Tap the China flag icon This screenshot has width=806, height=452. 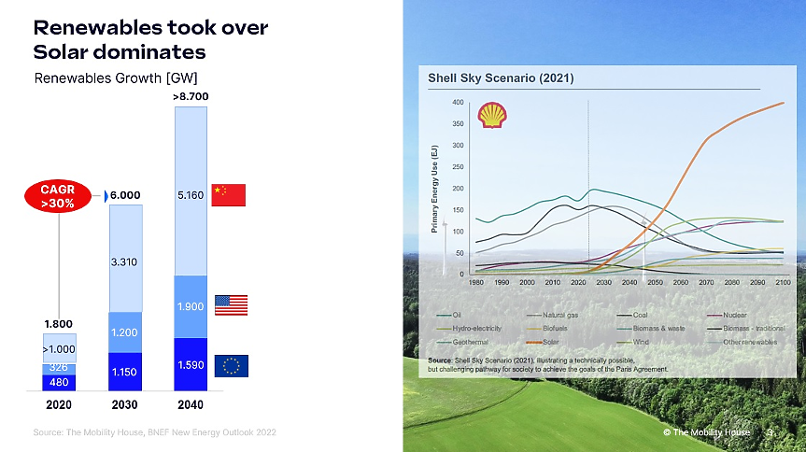[228, 195]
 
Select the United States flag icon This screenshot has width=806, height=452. [231, 305]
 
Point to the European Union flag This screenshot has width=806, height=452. [231, 366]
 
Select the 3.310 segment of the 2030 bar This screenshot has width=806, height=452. [126, 262]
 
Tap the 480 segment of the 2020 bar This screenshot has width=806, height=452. [60, 381]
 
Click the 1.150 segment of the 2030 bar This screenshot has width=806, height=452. [126, 372]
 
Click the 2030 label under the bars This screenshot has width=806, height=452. [126, 405]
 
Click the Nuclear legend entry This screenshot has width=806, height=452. [728, 315]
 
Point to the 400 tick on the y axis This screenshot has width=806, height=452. [458, 102]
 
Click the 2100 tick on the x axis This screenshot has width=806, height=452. [783, 281]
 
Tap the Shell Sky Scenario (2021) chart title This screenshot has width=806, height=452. [501, 78]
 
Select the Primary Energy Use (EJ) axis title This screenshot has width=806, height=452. [437, 187]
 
